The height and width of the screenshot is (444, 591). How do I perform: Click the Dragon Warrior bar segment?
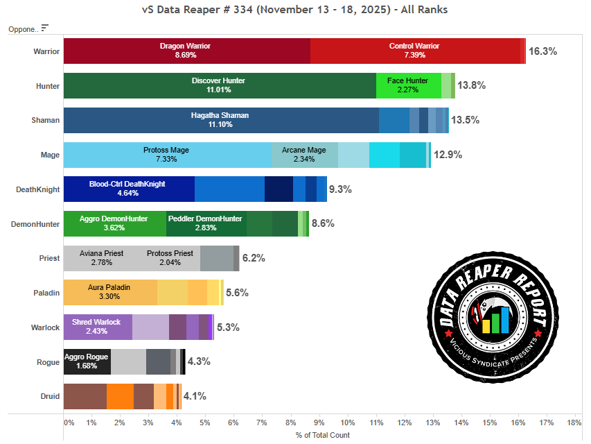tap(186, 51)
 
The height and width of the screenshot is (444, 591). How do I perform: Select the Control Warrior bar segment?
tap(414, 51)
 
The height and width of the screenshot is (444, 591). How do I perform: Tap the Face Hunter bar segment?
tap(408, 85)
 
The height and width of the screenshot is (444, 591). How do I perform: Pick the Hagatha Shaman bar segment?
tap(220, 120)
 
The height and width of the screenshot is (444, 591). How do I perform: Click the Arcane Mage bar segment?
tap(304, 154)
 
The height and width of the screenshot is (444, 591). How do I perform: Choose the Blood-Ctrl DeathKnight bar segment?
tap(128, 189)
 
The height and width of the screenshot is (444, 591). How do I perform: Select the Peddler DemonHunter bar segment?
tap(206, 223)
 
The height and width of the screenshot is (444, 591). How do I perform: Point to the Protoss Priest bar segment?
tap(170, 258)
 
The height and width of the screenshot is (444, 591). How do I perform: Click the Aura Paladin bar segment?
tap(109, 292)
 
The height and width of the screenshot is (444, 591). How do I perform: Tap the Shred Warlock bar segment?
tap(97, 327)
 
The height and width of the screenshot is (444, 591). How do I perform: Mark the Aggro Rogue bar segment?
tap(87, 361)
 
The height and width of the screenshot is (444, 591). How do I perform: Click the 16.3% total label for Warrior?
tap(543, 51)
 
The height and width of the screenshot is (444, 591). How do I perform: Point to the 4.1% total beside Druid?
tap(195, 396)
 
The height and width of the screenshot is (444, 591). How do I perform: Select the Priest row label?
tap(49, 258)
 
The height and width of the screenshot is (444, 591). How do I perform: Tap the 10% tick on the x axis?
tap(347, 422)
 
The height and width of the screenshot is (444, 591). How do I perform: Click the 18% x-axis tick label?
tap(574, 422)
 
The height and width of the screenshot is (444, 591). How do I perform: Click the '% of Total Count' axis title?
tap(322, 435)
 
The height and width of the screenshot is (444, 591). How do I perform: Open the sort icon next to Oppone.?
tap(45, 28)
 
